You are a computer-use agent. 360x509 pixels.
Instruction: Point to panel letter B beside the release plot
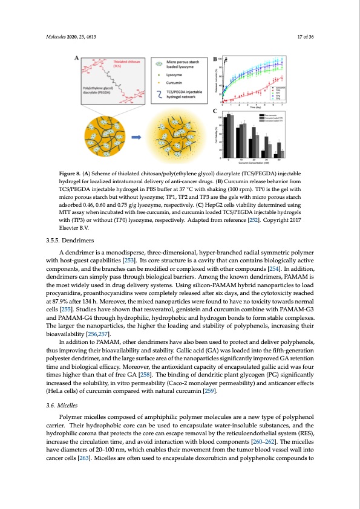point(214,59)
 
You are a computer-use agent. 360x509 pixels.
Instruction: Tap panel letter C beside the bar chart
point(214,111)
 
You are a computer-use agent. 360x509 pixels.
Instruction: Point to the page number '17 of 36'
point(312,37)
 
